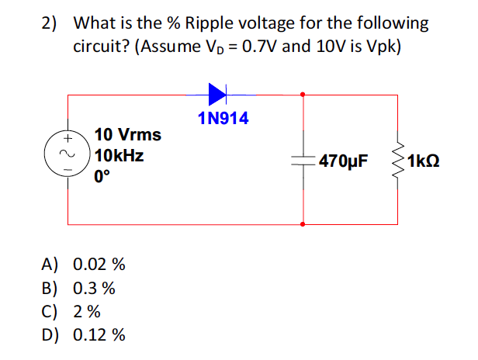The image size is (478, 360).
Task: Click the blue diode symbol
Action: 217,94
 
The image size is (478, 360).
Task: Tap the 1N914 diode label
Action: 223,118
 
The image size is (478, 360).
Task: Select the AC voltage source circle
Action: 68,154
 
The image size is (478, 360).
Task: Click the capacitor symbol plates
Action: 303,161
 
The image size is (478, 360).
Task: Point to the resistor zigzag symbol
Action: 398,161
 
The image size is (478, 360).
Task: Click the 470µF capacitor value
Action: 344,161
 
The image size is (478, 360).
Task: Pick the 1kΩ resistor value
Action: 424,161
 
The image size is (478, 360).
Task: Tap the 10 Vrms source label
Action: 128,134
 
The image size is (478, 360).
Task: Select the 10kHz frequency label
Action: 119,155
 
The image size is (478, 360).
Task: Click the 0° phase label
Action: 102,176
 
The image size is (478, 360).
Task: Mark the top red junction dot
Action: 303,95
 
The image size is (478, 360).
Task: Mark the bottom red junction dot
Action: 303,224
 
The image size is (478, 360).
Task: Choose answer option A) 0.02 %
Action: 83,264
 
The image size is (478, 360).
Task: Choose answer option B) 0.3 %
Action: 78,288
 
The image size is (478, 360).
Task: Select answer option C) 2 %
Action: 71,312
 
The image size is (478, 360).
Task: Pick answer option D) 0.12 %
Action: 83,334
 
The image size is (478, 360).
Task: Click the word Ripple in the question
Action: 209,24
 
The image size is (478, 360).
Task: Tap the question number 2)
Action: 49,23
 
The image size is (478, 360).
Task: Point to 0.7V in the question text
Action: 261,47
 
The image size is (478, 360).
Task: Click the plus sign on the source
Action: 68,139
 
